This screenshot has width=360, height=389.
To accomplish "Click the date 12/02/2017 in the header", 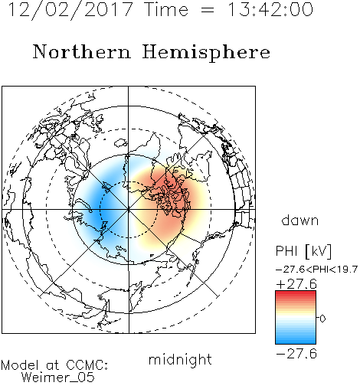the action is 70,10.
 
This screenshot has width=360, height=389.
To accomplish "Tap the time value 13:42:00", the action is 270,10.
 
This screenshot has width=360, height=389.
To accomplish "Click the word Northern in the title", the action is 82,52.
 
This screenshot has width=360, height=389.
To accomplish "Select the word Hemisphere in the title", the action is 206,53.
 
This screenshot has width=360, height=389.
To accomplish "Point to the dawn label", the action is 300,220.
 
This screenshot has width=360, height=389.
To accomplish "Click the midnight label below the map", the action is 180,360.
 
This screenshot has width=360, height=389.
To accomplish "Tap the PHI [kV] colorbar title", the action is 303,251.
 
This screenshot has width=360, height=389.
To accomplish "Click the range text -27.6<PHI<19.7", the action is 316,270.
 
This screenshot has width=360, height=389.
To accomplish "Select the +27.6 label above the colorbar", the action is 296,284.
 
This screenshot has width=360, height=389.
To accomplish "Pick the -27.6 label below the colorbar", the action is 296,354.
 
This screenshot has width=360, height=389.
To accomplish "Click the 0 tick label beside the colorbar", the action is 322,319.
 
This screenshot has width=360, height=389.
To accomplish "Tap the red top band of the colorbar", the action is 296,293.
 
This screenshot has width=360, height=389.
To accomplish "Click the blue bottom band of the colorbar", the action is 296,341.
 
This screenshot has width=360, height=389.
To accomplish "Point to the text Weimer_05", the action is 58,378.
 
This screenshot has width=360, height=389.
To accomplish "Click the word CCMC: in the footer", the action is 87,365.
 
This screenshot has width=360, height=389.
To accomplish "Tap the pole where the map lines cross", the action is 129,210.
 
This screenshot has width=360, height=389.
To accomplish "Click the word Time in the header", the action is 166,10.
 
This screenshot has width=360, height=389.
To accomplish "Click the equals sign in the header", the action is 208,10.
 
